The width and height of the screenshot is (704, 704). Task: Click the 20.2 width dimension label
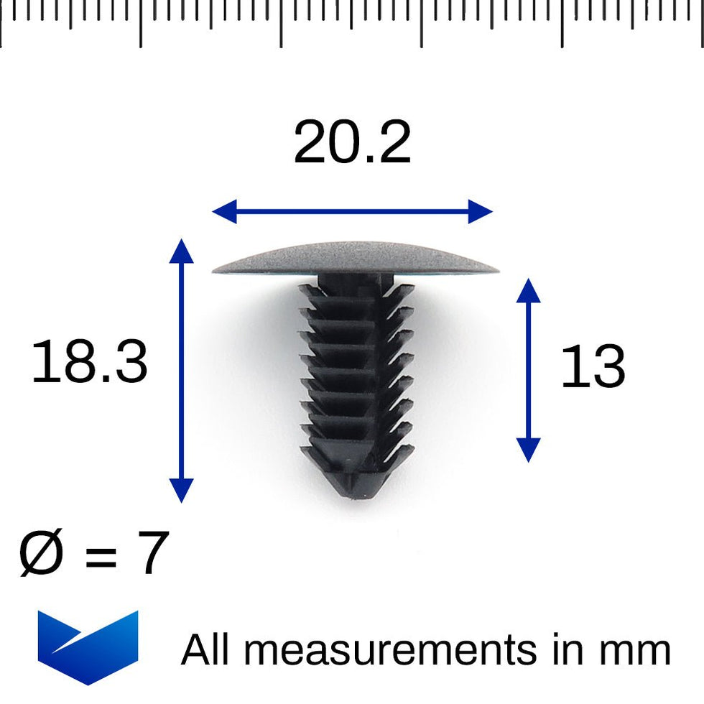(x=352, y=144)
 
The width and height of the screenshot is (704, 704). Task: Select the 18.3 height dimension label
(x=89, y=363)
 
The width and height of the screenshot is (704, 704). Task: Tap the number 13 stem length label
(x=592, y=368)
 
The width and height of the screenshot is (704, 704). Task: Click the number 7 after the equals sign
(x=152, y=554)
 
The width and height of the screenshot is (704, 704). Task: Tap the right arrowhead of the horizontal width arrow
(x=482, y=212)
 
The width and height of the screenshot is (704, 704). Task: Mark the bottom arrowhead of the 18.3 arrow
(x=181, y=492)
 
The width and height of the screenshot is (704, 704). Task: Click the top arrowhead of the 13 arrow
(x=528, y=289)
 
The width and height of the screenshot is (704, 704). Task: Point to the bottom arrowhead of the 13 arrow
(x=528, y=452)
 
